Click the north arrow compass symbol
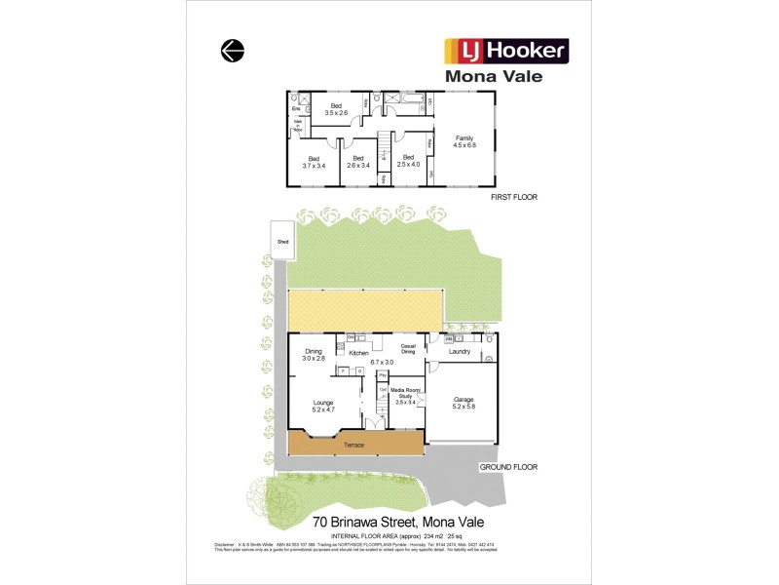pyautogui.click(x=232, y=52)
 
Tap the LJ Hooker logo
pyautogui.click(x=506, y=51)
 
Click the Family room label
pyautogui.click(x=464, y=143)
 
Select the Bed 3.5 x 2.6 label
pyautogui.click(x=336, y=109)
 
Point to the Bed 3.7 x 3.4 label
pyautogui.click(x=314, y=162)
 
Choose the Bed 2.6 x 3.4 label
pyautogui.click(x=358, y=162)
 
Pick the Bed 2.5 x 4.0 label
pyautogui.click(x=407, y=162)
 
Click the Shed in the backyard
pyautogui.click(x=283, y=241)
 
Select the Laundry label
pyautogui.click(x=461, y=351)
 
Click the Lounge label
pyautogui.click(x=324, y=406)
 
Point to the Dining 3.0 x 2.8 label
pyautogui.click(x=313, y=355)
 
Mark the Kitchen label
pyautogui.click(x=358, y=352)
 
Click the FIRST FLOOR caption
pyautogui.click(x=513, y=197)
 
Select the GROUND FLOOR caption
pyautogui.click(x=507, y=467)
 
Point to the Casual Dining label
pyautogui.click(x=409, y=348)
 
